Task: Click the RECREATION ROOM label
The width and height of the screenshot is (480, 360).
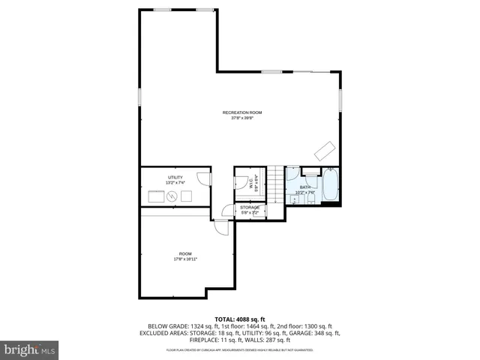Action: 241,112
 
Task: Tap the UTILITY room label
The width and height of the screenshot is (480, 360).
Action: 174,178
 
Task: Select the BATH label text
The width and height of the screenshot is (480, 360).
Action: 304,187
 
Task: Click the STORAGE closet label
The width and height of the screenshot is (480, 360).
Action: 250,207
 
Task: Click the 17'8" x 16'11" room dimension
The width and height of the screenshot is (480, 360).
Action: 184,259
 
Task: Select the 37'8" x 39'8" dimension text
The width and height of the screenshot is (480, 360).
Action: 241,118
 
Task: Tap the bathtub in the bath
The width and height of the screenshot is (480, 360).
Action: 331,186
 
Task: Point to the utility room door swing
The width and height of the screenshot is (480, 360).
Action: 202,179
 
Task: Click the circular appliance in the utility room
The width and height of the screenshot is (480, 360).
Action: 172,196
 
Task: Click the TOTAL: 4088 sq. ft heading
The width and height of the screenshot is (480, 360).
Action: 241,319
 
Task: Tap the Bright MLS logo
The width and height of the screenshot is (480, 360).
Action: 30,349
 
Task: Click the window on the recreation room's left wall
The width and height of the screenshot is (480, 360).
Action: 139,99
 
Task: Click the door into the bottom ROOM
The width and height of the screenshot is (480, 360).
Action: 221,229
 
